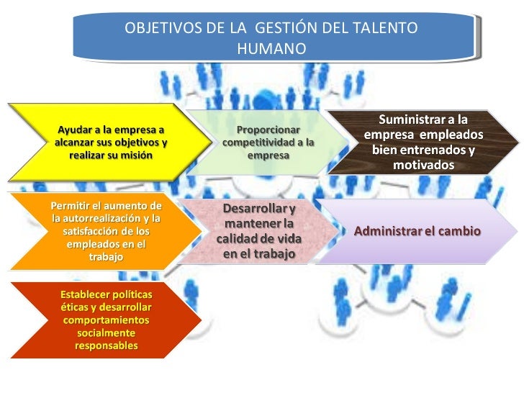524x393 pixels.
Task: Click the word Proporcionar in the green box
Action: (268, 130)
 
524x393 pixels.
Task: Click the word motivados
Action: (423, 166)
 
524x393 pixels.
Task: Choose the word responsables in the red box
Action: (106, 346)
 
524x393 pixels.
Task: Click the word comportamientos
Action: (106, 320)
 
